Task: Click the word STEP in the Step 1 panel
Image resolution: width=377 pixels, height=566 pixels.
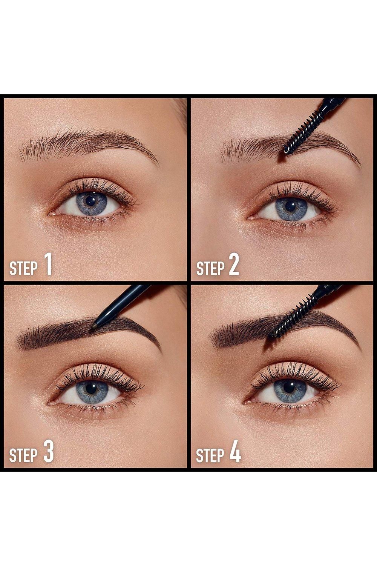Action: click(x=23, y=269)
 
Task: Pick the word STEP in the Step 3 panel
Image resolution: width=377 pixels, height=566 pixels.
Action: click(x=23, y=455)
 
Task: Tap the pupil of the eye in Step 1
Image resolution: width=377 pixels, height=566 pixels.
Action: click(x=90, y=201)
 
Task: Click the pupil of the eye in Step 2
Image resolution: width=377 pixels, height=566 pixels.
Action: click(x=290, y=206)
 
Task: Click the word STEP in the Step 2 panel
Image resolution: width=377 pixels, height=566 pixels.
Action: click(x=210, y=269)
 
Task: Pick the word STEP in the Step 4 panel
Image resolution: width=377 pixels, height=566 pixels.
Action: click(x=210, y=455)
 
